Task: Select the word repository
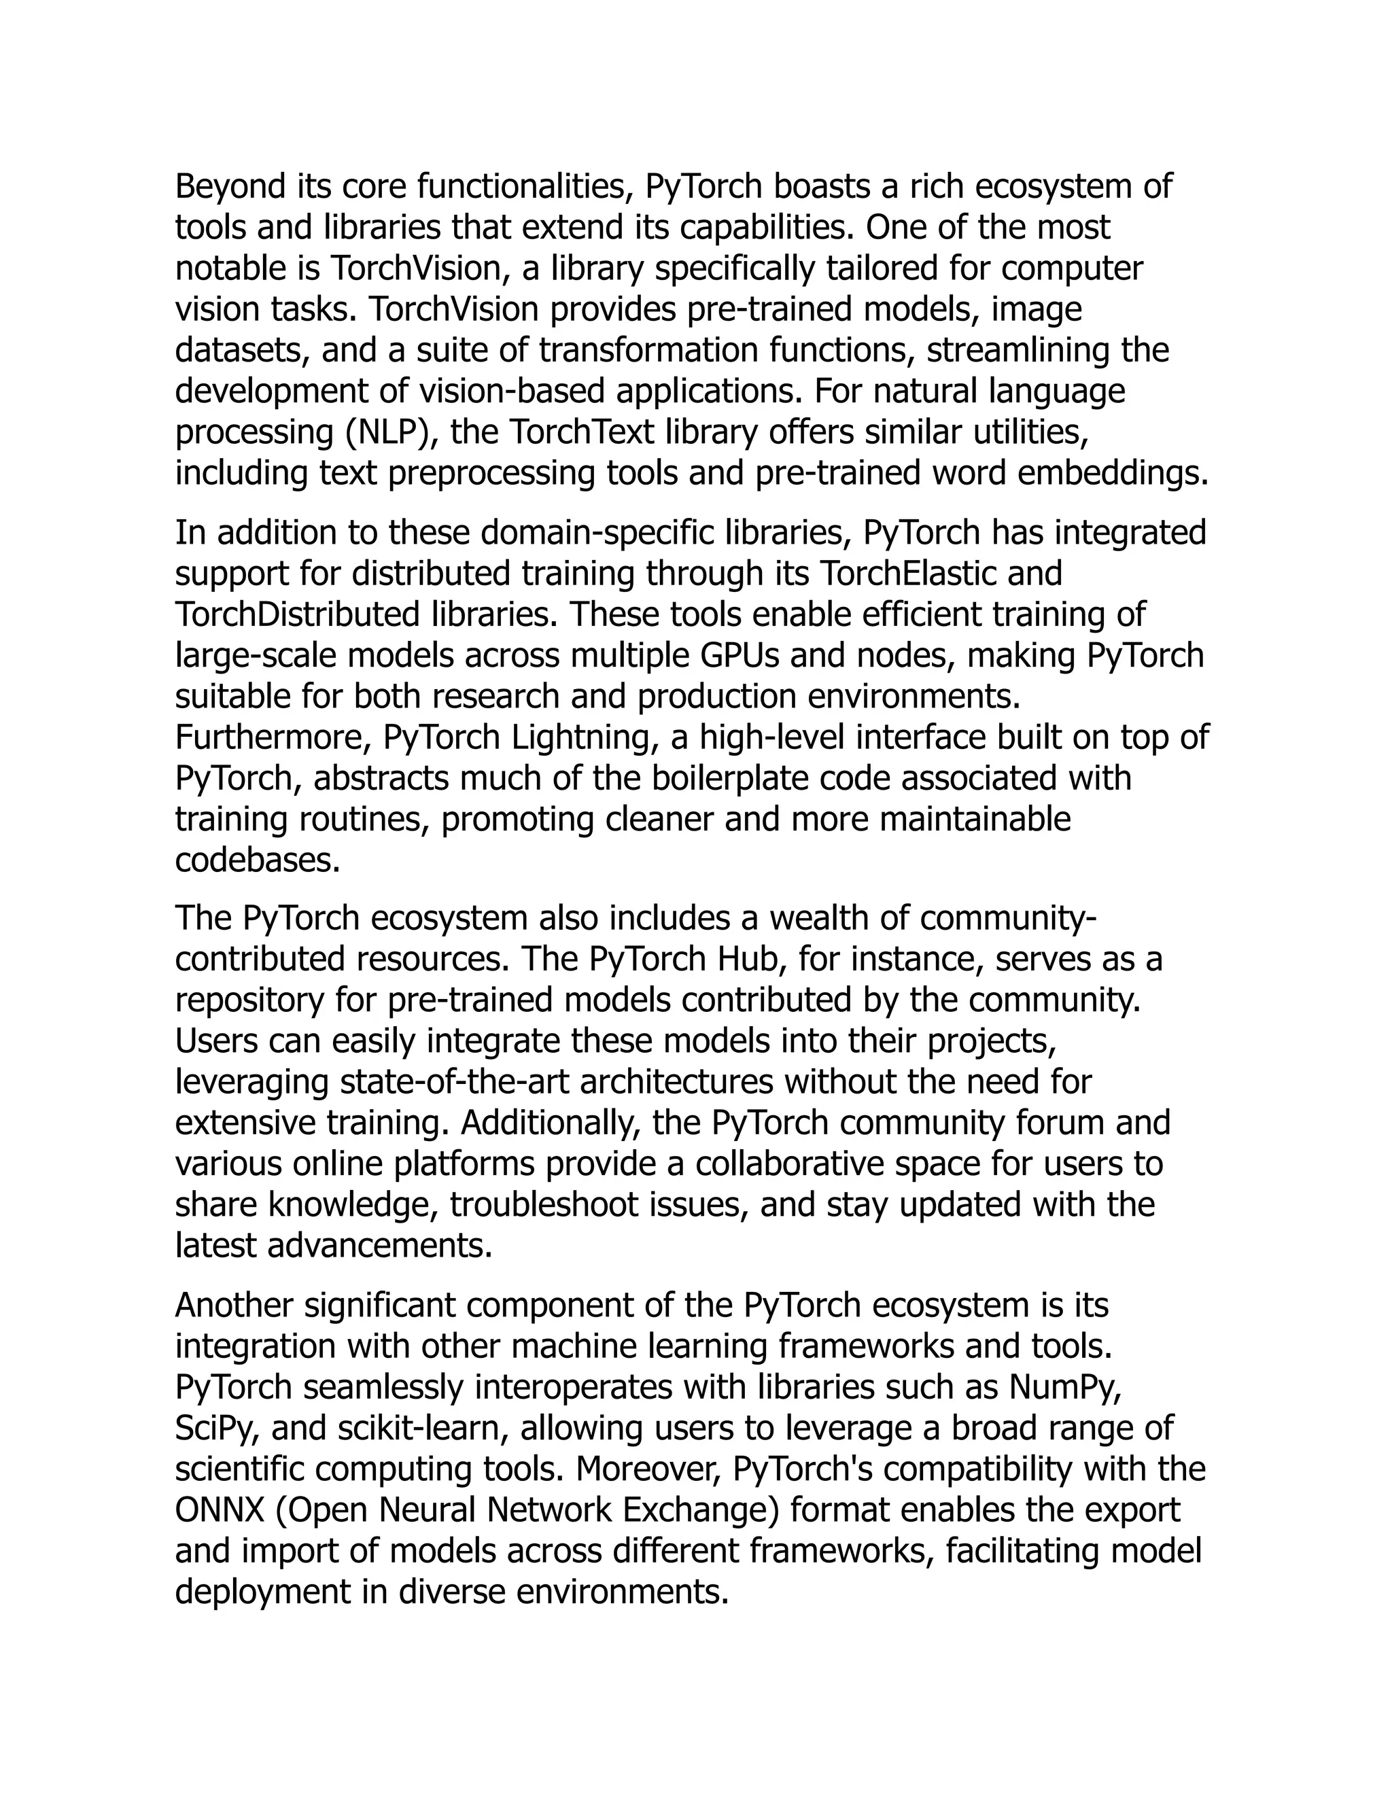click(x=250, y=1001)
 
